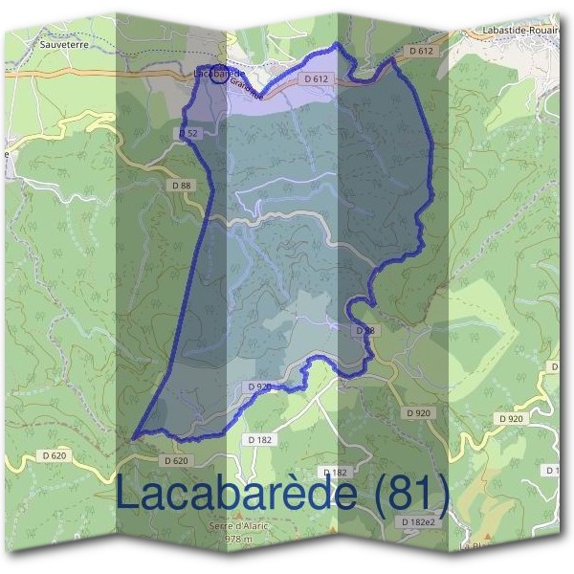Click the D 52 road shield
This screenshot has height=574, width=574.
pyautogui.click(x=188, y=133)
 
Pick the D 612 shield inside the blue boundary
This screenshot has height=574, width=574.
pyautogui.click(x=317, y=78)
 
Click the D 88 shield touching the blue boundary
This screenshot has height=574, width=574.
pyautogui.click(x=364, y=330)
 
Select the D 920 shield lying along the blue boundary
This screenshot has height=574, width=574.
pyautogui.click(x=258, y=386)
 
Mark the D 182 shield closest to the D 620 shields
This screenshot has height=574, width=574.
pyautogui.click(x=259, y=438)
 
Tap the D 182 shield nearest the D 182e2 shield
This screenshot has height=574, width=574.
pyautogui.click(x=335, y=473)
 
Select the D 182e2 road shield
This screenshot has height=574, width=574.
pyautogui.click(x=418, y=521)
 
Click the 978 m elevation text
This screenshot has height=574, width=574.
pyautogui.click(x=237, y=540)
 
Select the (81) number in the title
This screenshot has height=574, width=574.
pyautogui.click(x=409, y=494)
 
